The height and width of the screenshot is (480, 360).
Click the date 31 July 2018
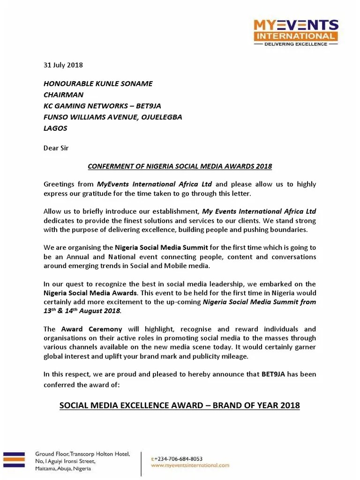(x=63, y=65)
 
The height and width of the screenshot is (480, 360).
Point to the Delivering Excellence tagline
(x=295, y=44)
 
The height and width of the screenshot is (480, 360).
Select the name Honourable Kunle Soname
(x=98, y=84)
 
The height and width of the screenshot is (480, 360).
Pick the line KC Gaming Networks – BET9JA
(x=103, y=106)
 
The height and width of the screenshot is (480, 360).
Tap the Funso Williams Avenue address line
(x=112, y=117)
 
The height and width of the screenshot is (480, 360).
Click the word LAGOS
(x=55, y=128)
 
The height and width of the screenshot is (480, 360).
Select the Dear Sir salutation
(x=56, y=148)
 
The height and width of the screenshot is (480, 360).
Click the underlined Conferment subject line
(x=180, y=166)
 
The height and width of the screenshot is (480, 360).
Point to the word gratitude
(x=109, y=193)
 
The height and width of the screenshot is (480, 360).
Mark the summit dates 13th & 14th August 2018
(x=82, y=311)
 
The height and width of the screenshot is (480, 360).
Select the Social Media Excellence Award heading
(x=180, y=405)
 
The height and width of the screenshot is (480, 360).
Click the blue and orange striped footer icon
(x=14, y=459)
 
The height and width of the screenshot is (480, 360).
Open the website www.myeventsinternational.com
(x=190, y=465)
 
